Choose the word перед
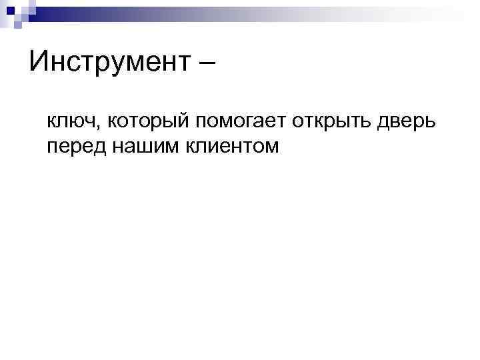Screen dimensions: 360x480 pyautogui.click(x=73, y=145)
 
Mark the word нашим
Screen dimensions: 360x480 pyautogui.click(x=136, y=145)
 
